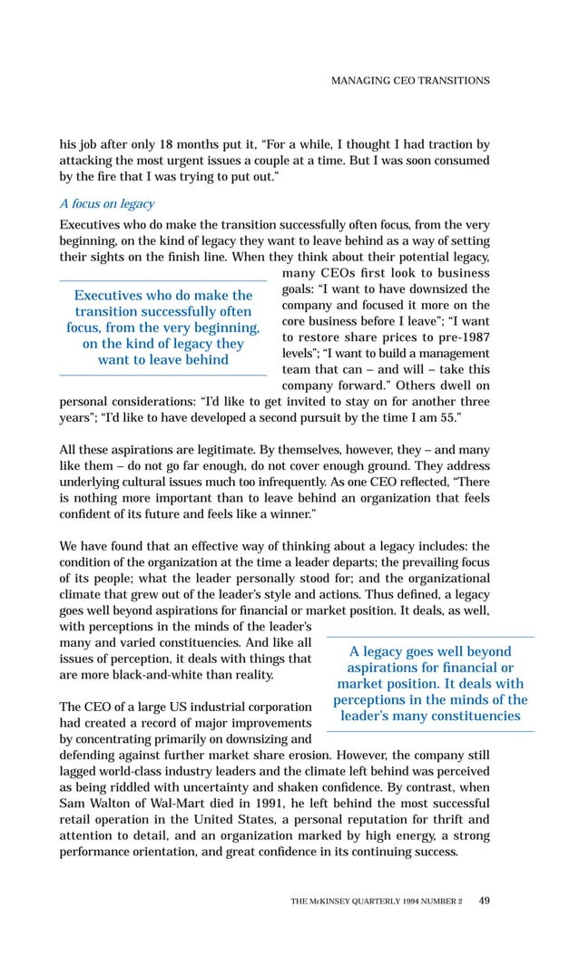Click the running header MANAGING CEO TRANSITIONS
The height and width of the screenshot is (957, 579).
coord(410,81)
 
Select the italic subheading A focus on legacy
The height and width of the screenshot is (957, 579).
coord(106,203)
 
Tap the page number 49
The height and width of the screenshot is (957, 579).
coord(484,900)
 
